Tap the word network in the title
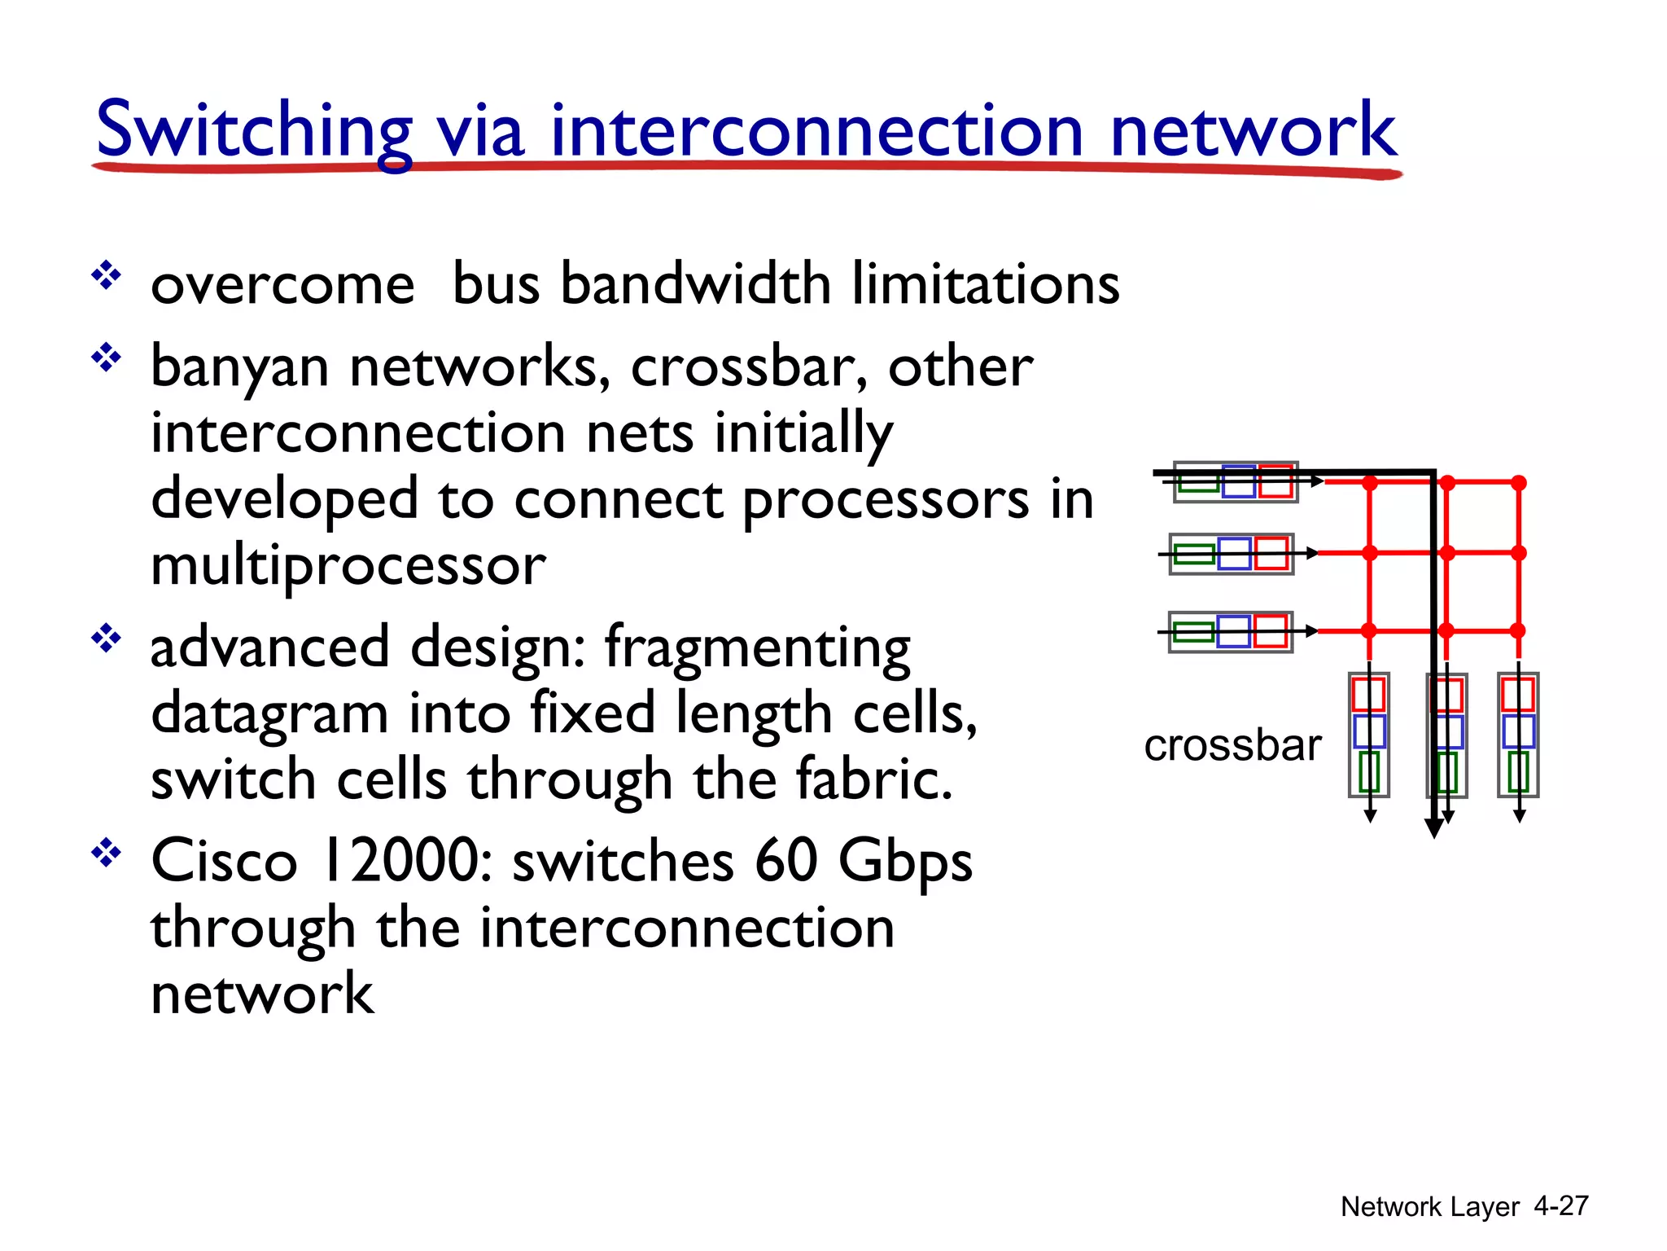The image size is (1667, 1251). [x=1254, y=130]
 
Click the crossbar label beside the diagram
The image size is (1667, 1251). [x=1232, y=745]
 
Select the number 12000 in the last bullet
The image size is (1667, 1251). [x=405, y=861]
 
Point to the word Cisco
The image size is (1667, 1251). [x=225, y=861]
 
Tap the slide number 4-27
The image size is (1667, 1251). [x=1560, y=1205]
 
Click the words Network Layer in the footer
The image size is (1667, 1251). [x=1429, y=1206]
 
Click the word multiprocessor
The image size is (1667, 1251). [x=348, y=566]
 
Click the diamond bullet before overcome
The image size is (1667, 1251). [x=106, y=276]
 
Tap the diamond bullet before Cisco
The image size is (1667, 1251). [x=106, y=854]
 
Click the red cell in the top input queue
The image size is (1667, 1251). [x=1275, y=481]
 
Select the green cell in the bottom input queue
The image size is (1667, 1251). [x=1193, y=632]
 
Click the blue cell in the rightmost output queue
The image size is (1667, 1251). [x=1518, y=731]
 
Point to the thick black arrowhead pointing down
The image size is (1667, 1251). [x=1434, y=828]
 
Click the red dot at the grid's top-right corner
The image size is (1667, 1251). [x=1519, y=483]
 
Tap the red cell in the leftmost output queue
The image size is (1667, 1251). [x=1368, y=695]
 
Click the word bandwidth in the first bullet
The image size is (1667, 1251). [x=695, y=284]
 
